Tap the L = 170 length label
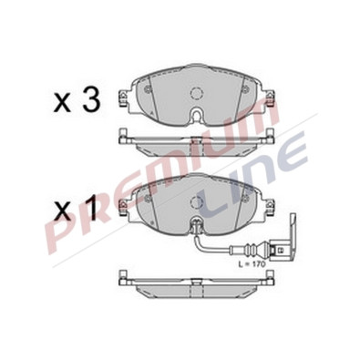[252, 264]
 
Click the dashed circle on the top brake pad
[196, 93]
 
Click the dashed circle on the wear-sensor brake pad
[196, 201]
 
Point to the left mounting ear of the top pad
[122, 97]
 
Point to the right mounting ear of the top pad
[270, 97]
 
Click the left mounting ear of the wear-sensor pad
[122, 206]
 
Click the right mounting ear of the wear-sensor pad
[270, 206]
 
